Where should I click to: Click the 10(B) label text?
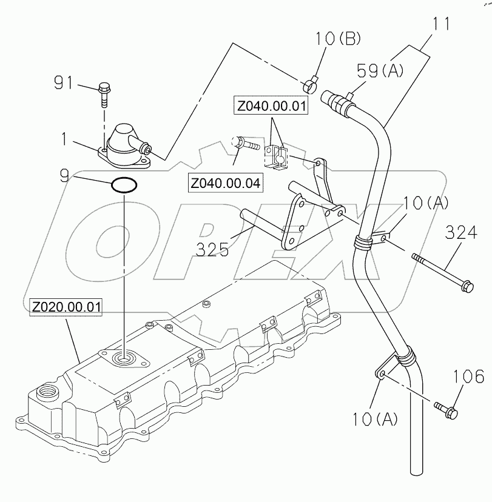point(337,39)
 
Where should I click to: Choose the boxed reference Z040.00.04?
point(226,182)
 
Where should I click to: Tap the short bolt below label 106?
point(447,410)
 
